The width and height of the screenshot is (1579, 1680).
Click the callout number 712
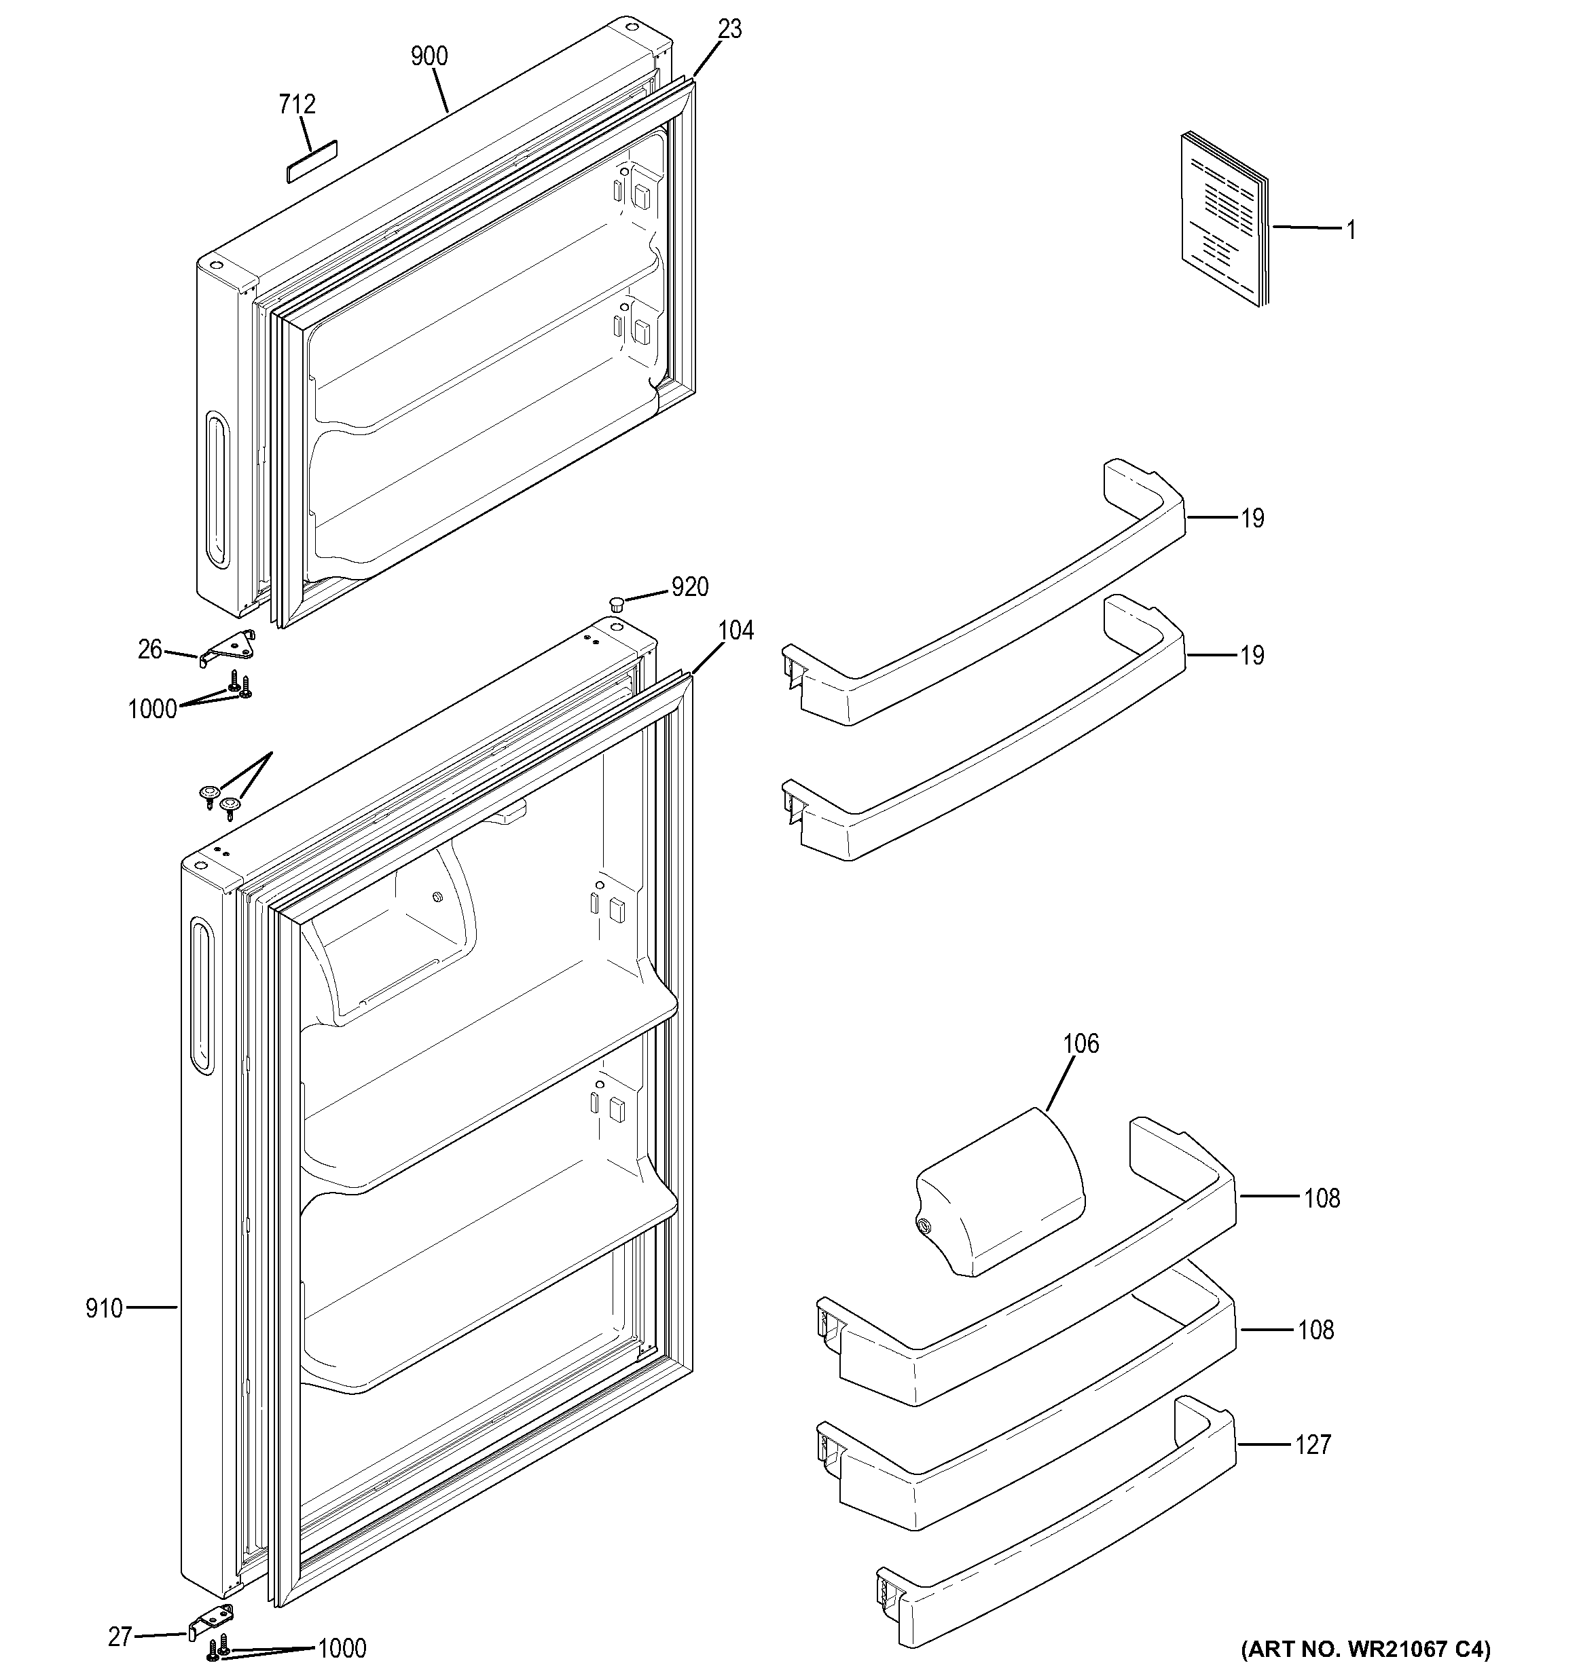point(297,104)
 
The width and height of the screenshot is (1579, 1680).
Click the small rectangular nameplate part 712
point(311,161)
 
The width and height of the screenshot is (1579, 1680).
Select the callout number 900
point(429,56)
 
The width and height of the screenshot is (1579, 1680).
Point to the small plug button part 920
point(616,603)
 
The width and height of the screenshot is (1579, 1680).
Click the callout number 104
point(736,631)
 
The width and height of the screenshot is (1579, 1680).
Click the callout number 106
point(1081,1044)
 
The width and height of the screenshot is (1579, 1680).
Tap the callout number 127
point(1313,1445)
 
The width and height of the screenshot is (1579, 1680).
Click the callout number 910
point(104,1309)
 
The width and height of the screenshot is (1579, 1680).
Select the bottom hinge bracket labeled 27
point(210,1618)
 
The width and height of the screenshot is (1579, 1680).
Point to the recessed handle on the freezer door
point(217,489)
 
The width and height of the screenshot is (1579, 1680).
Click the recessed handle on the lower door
point(201,996)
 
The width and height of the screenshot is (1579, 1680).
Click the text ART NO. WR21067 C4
point(1365,1649)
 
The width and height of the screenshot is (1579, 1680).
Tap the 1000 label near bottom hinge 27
point(342,1649)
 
